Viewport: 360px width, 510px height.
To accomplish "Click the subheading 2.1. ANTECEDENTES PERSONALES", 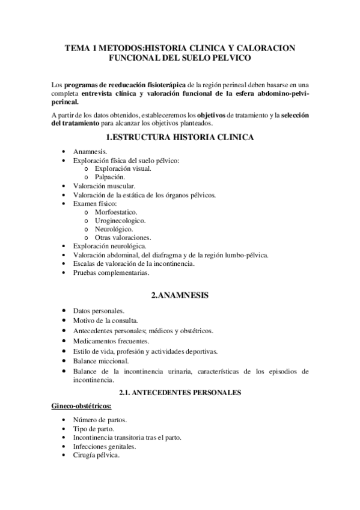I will pos(180,393).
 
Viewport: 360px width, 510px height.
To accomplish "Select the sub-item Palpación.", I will pos(109,177).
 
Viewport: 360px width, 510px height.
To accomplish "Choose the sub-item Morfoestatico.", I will pos(116,212).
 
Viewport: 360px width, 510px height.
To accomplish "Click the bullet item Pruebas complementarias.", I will pos(111,272).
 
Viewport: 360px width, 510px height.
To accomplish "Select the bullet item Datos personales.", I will pos(99,310).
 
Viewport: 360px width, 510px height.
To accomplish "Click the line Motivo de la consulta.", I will pos(106,321).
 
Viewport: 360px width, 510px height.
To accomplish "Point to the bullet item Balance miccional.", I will pos(101,361).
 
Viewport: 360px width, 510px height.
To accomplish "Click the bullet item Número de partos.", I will pos(100,419).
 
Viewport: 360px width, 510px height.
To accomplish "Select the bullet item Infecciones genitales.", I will pos(105,446).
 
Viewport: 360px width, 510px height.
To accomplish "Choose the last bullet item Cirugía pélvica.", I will pos(96,455).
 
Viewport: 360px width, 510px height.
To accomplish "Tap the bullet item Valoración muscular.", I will pos(104,186).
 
